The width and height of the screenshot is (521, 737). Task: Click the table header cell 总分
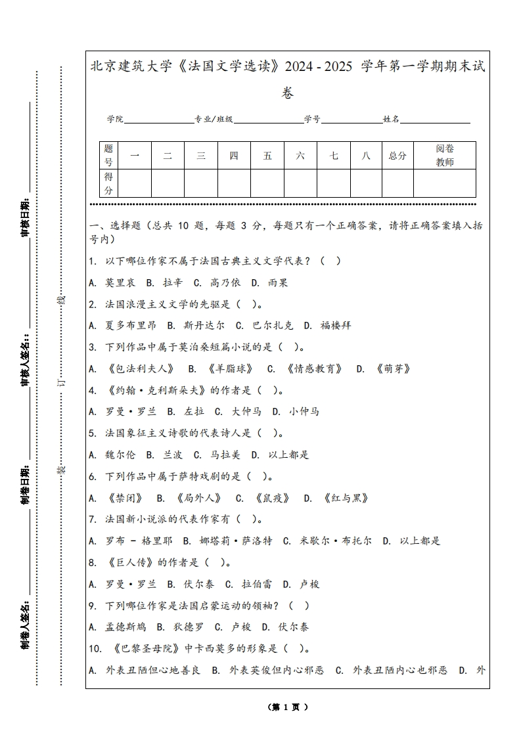click(x=397, y=156)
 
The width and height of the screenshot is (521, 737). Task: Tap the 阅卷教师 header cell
click(x=445, y=156)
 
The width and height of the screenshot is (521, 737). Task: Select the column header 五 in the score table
click(x=267, y=156)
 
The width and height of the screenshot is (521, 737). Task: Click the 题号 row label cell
click(x=108, y=156)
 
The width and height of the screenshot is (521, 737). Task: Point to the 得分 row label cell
click(x=108, y=183)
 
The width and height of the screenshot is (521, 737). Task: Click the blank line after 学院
click(x=158, y=120)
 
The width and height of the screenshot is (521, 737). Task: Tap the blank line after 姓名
click(x=435, y=120)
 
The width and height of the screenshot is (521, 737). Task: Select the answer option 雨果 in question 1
click(x=278, y=283)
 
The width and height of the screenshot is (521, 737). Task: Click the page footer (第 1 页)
click(x=288, y=707)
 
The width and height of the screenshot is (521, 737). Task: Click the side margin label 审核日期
click(x=25, y=217)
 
